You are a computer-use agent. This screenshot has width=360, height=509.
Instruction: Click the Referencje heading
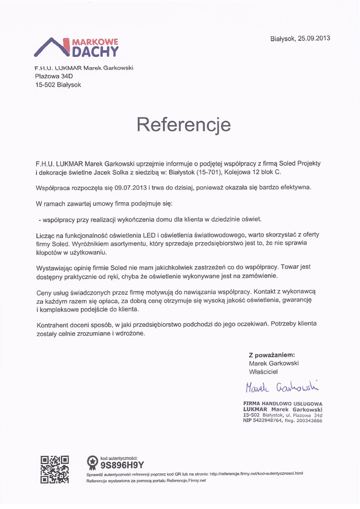(x=183, y=125)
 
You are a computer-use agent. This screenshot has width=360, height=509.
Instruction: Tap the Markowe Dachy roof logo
(x=77, y=47)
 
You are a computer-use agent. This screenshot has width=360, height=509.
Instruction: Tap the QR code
(x=54, y=468)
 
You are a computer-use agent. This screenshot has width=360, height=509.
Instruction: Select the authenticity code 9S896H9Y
(x=120, y=466)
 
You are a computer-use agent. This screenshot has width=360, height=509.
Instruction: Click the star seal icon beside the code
(x=93, y=463)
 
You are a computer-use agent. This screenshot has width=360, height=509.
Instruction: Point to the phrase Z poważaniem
(x=272, y=355)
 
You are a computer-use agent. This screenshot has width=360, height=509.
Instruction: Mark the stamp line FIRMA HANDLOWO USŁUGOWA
(x=283, y=403)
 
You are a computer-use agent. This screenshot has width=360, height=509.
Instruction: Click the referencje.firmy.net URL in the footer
(x=261, y=473)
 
